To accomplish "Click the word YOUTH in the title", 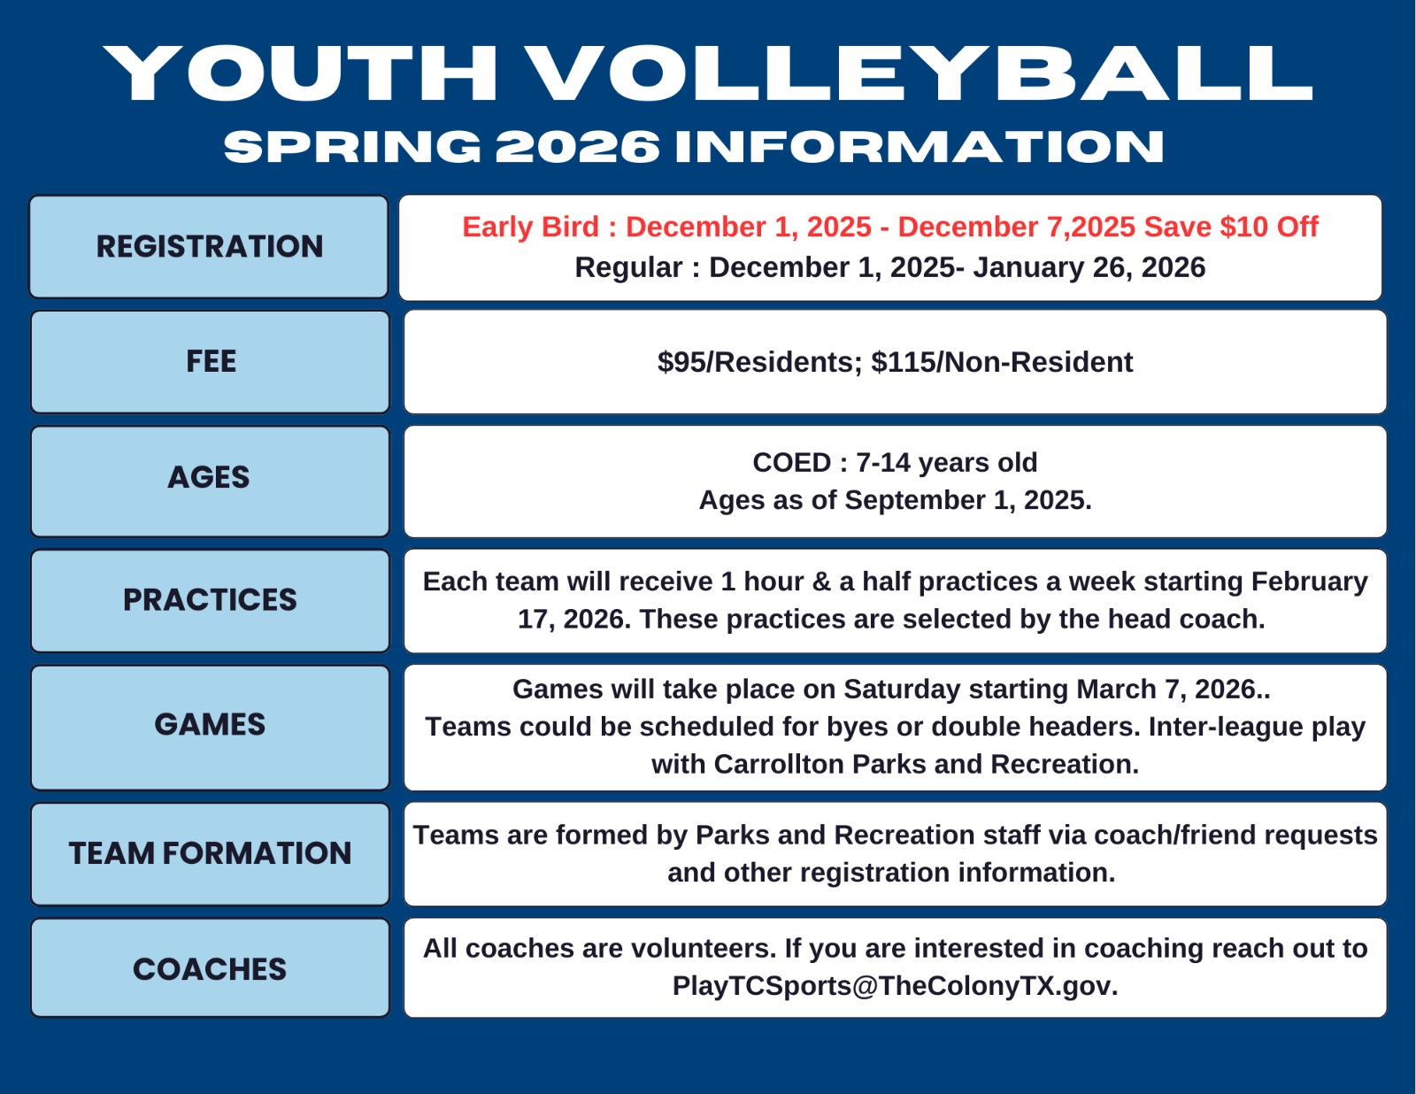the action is pos(301,73).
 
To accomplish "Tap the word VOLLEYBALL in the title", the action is pos(919,73).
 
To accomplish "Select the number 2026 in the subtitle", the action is pos(577,147).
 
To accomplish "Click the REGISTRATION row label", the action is pos(210,246).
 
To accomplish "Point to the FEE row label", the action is pos(212,362).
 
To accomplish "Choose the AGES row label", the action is pos(209,478).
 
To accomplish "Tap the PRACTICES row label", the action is pos(210,600).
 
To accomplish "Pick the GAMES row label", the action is pos(210,725).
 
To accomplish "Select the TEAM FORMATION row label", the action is pos(210,853).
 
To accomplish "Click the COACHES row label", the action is pos(210,969).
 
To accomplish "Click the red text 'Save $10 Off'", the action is pos(1232,227).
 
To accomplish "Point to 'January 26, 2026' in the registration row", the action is pos(1089,268).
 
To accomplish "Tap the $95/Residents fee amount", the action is pos(760,362).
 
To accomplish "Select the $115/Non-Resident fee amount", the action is pos(1002,362).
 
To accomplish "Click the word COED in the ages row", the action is pos(792,463).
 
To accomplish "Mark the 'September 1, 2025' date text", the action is pos(968,500).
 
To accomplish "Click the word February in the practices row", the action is pos(1309,582).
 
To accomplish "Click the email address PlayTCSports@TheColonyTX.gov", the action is pos(895,986).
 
